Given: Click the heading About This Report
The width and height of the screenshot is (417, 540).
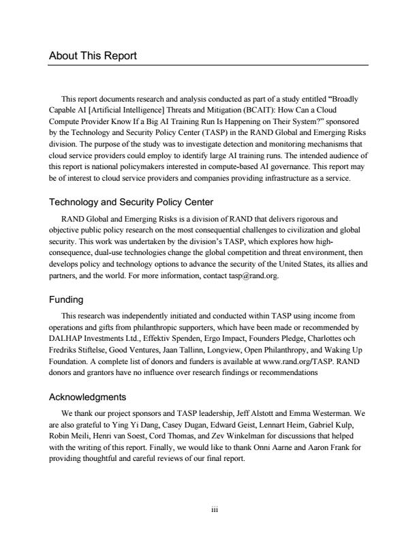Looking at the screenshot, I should point(93,56).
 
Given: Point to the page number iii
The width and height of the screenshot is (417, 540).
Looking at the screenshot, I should point(208,509).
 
